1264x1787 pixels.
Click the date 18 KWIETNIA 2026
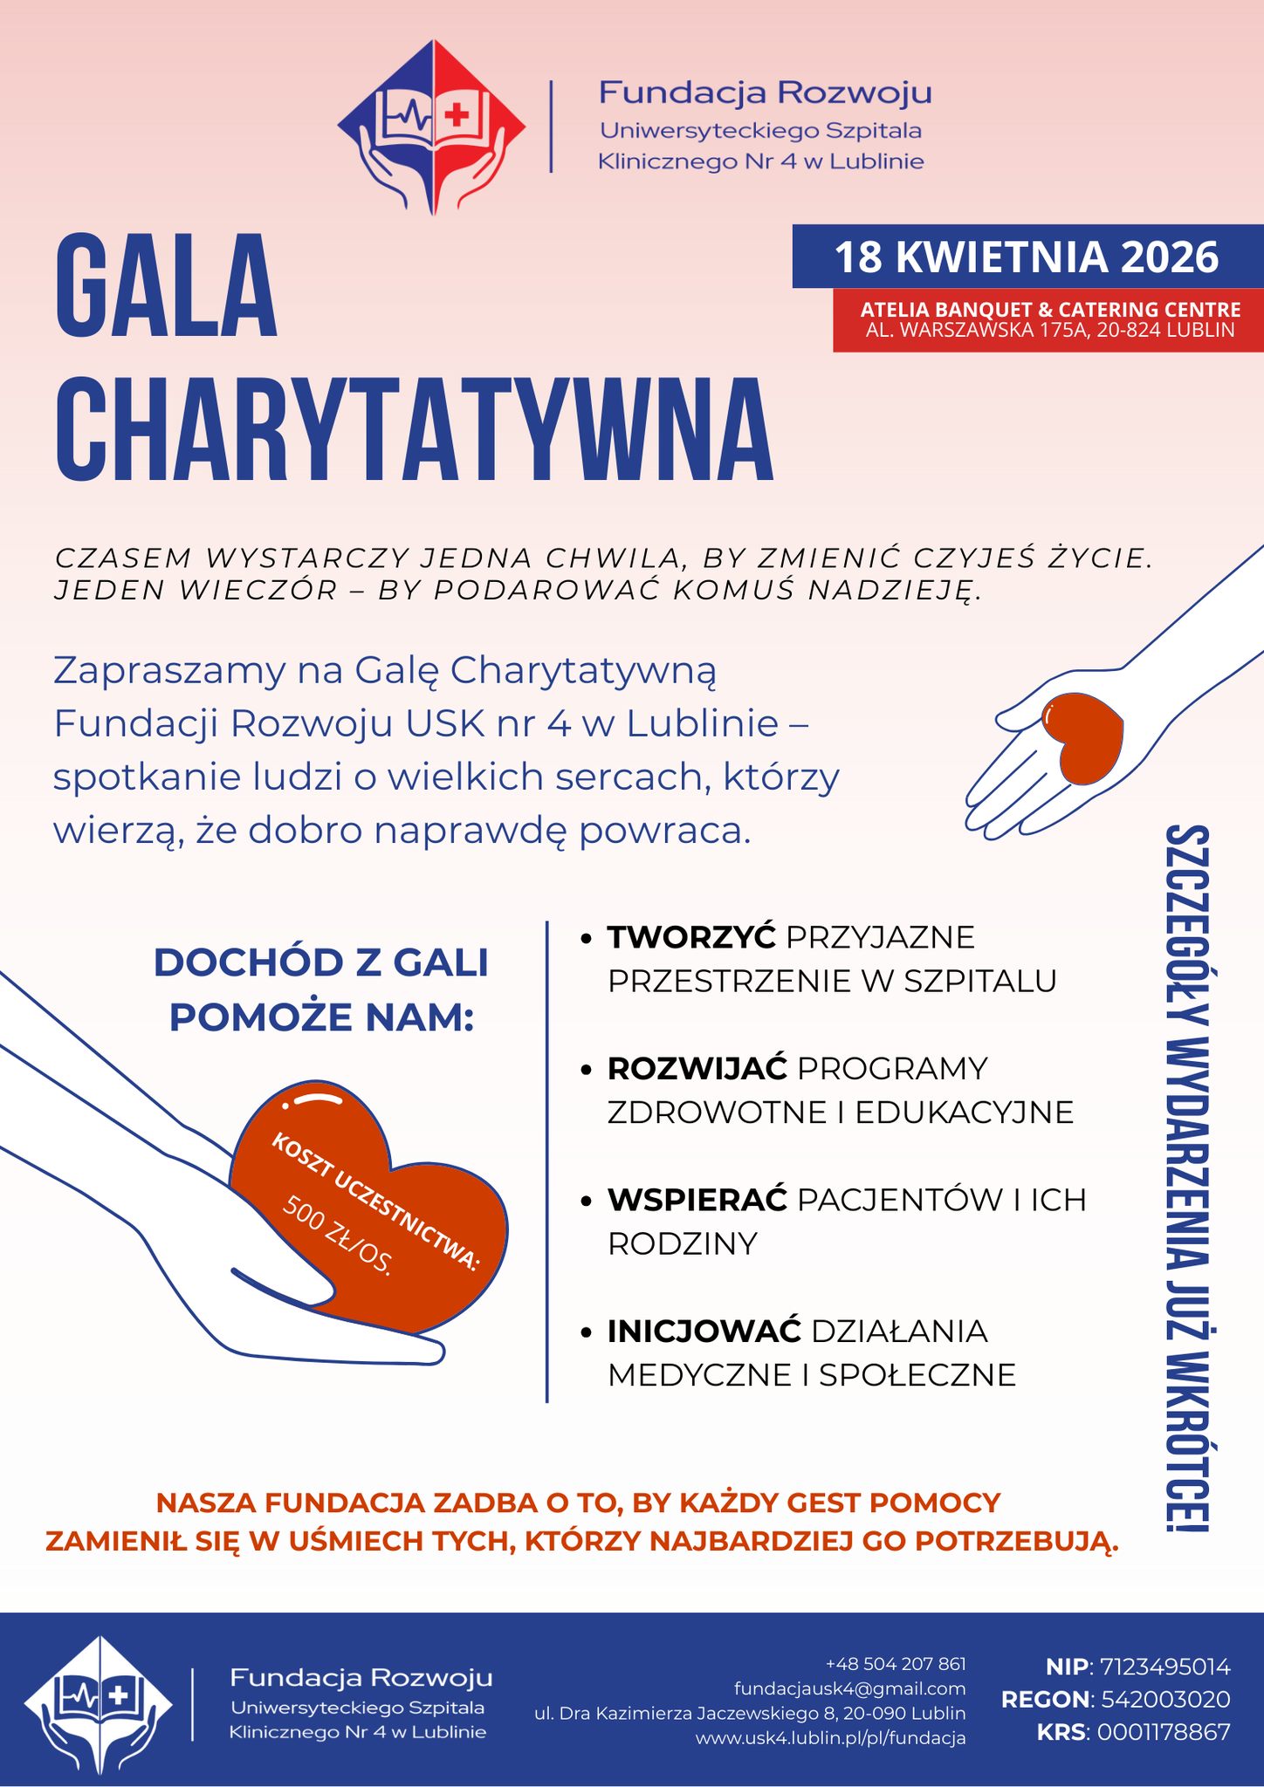coord(1027,257)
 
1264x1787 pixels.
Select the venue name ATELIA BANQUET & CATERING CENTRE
coord(1050,310)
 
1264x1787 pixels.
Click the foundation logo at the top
coord(432,127)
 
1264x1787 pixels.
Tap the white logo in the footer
coord(98,1702)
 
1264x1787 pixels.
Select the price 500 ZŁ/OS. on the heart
coord(337,1235)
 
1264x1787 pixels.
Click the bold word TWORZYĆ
coord(691,937)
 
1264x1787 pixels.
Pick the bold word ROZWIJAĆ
coord(697,1068)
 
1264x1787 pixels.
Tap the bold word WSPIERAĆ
coord(697,1200)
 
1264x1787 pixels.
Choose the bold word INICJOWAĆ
coord(704,1331)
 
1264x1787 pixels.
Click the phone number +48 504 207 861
coord(896,1664)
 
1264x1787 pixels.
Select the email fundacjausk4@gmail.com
coord(849,1688)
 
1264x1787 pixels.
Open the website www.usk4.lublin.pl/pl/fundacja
coord(830,1737)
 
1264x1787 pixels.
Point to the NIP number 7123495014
coord(1165,1667)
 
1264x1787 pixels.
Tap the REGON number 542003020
coord(1165,1699)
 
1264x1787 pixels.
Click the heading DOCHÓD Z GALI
coord(321,962)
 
